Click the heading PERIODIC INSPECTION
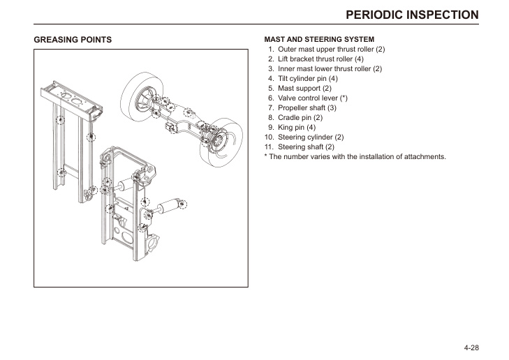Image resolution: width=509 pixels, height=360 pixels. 412,15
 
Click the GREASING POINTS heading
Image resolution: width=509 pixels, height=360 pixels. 73,40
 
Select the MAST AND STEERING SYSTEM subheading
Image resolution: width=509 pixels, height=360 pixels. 319,40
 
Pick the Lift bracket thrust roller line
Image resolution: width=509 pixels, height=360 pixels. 320,59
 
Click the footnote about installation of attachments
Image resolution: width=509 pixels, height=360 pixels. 355,157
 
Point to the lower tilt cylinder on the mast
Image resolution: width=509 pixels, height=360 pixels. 168,207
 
